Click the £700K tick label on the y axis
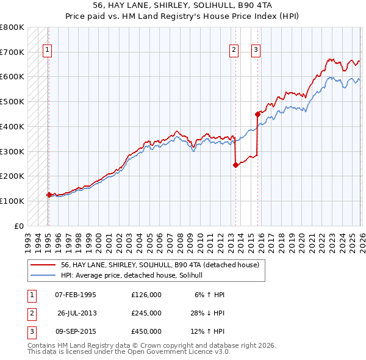12,52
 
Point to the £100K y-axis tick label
12,201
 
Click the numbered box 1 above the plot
47,51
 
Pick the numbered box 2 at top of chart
234,51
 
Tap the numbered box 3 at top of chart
256,51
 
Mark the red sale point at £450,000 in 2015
257,113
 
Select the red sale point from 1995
49,195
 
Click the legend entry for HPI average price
135,276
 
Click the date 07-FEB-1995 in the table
76,295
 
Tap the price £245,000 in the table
146,313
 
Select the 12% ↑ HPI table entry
207,331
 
